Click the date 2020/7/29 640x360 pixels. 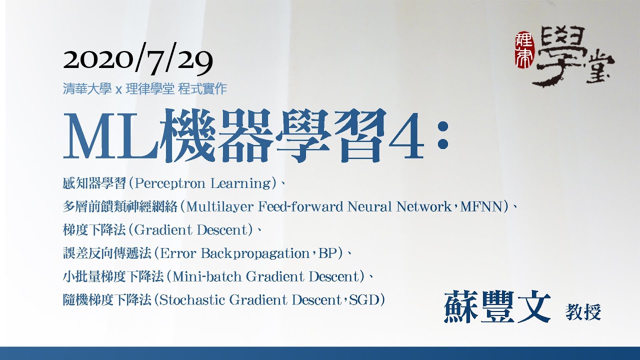pos(138,60)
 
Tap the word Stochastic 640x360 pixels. pos(191,300)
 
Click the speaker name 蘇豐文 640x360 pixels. pos(497,307)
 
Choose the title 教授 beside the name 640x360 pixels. pos(583,312)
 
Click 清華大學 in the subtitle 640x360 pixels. pos(87,89)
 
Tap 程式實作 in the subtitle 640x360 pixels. pos(202,89)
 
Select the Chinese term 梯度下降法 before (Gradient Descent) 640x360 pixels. pos(94,230)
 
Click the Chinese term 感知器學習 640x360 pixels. pos(94,183)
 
